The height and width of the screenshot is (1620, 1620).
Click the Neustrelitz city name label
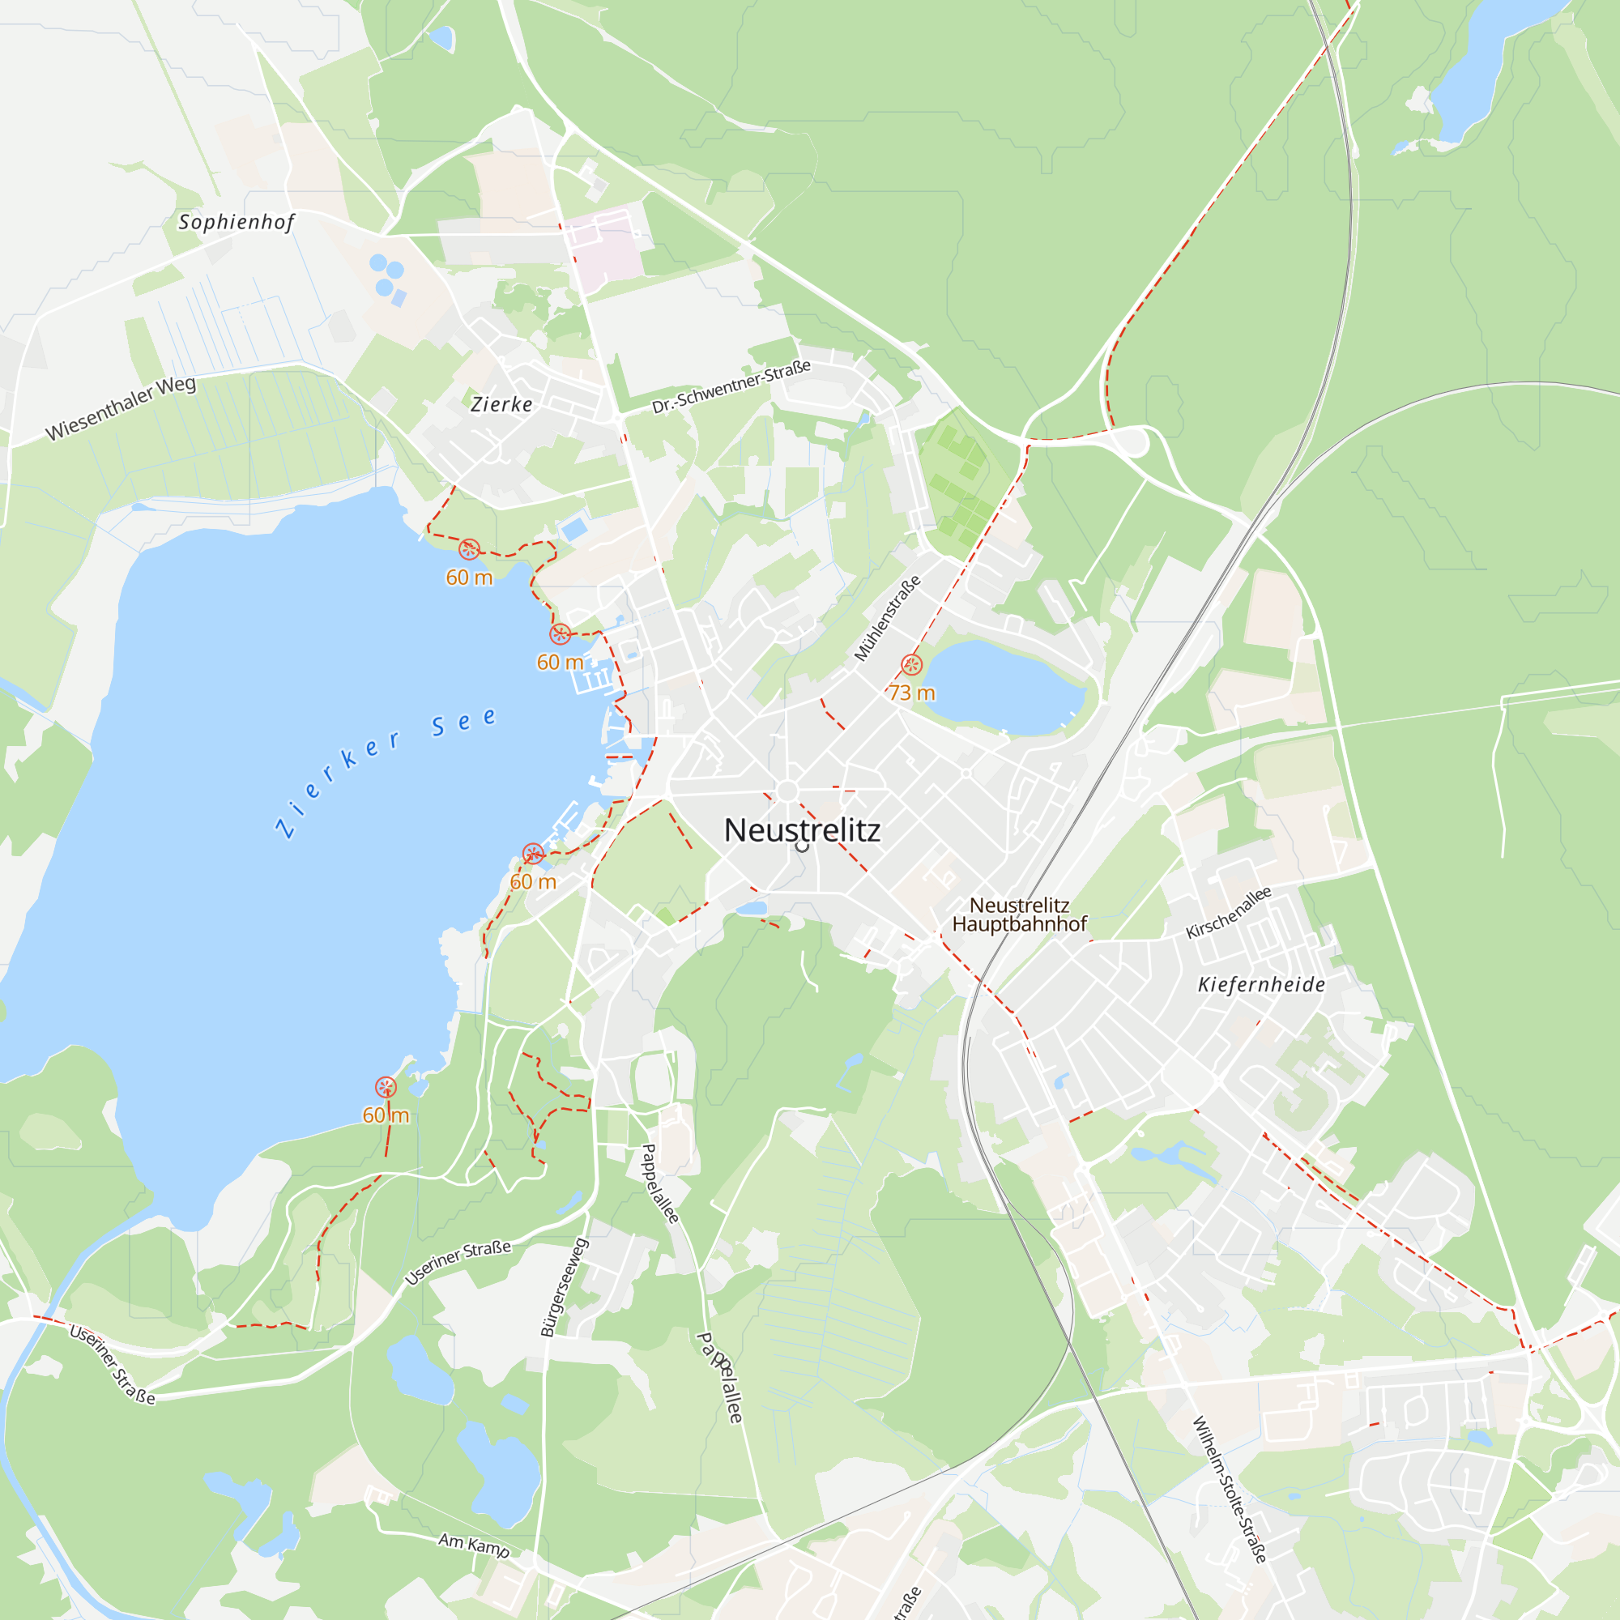click(x=802, y=830)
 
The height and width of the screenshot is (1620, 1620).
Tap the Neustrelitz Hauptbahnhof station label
click(x=1019, y=914)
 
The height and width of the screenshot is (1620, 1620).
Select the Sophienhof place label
click(x=237, y=222)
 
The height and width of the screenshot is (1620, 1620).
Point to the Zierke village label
click(x=501, y=404)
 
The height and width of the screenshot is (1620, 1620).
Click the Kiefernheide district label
click(x=1261, y=984)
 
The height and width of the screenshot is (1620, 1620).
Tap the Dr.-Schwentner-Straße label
click(x=731, y=386)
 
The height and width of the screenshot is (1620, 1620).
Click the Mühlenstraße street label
click(x=887, y=618)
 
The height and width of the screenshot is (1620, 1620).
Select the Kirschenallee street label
click(x=1229, y=912)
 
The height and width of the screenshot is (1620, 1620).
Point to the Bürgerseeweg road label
click(x=565, y=1287)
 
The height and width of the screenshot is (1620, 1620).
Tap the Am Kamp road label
click(x=474, y=1545)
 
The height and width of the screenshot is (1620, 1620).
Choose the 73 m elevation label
click(x=911, y=693)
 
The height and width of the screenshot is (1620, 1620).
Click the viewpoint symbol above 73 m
click(x=911, y=665)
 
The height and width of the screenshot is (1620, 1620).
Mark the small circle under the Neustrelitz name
click(x=802, y=847)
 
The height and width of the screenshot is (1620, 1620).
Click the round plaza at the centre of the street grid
click(x=787, y=791)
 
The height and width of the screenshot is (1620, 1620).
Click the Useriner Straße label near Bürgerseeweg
click(x=458, y=1263)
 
